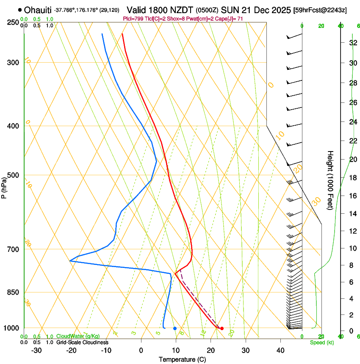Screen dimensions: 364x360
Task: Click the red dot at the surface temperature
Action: tap(222, 328)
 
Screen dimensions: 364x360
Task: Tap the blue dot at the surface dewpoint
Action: tap(175, 328)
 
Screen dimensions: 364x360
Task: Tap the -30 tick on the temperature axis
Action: tap(36, 350)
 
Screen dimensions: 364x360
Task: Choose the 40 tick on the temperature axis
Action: tap(280, 350)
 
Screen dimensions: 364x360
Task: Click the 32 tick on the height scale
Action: tap(352, 43)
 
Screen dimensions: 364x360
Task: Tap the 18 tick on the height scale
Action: tap(352, 178)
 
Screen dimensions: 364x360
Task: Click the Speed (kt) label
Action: tap(321, 342)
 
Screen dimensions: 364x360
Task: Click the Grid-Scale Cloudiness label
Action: tap(82, 342)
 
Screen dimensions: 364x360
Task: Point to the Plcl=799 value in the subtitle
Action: tap(134, 19)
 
